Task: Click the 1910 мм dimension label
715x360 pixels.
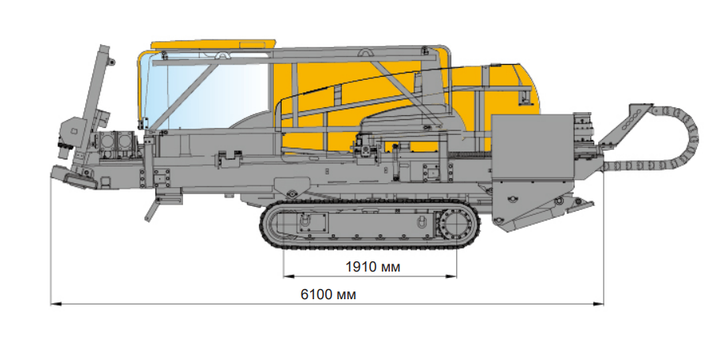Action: [x=372, y=267]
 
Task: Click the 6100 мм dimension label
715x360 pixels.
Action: [x=328, y=294]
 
